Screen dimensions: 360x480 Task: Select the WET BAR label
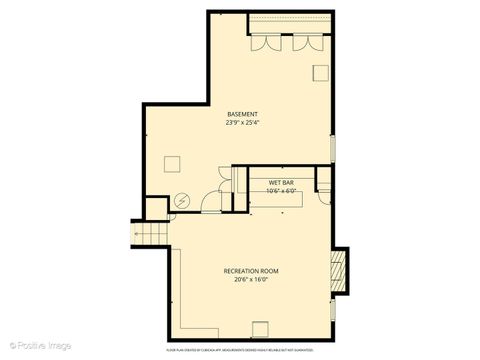pyautogui.click(x=280, y=183)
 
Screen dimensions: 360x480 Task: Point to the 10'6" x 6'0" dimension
pyautogui.click(x=280, y=192)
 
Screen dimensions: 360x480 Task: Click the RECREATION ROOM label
pyautogui.click(x=250, y=271)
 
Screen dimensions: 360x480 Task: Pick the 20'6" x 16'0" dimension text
pyautogui.click(x=250, y=281)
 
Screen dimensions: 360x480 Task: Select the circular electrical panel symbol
pyautogui.click(x=182, y=200)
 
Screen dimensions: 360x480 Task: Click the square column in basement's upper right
pyautogui.click(x=321, y=72)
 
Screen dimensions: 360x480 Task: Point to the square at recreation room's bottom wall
pyautogui.click(x=260, y=329)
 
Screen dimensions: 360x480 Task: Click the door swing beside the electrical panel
pyautogui.click(x=206, y=203)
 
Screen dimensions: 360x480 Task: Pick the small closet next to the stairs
pyautogui.click(x=156, y=209)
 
